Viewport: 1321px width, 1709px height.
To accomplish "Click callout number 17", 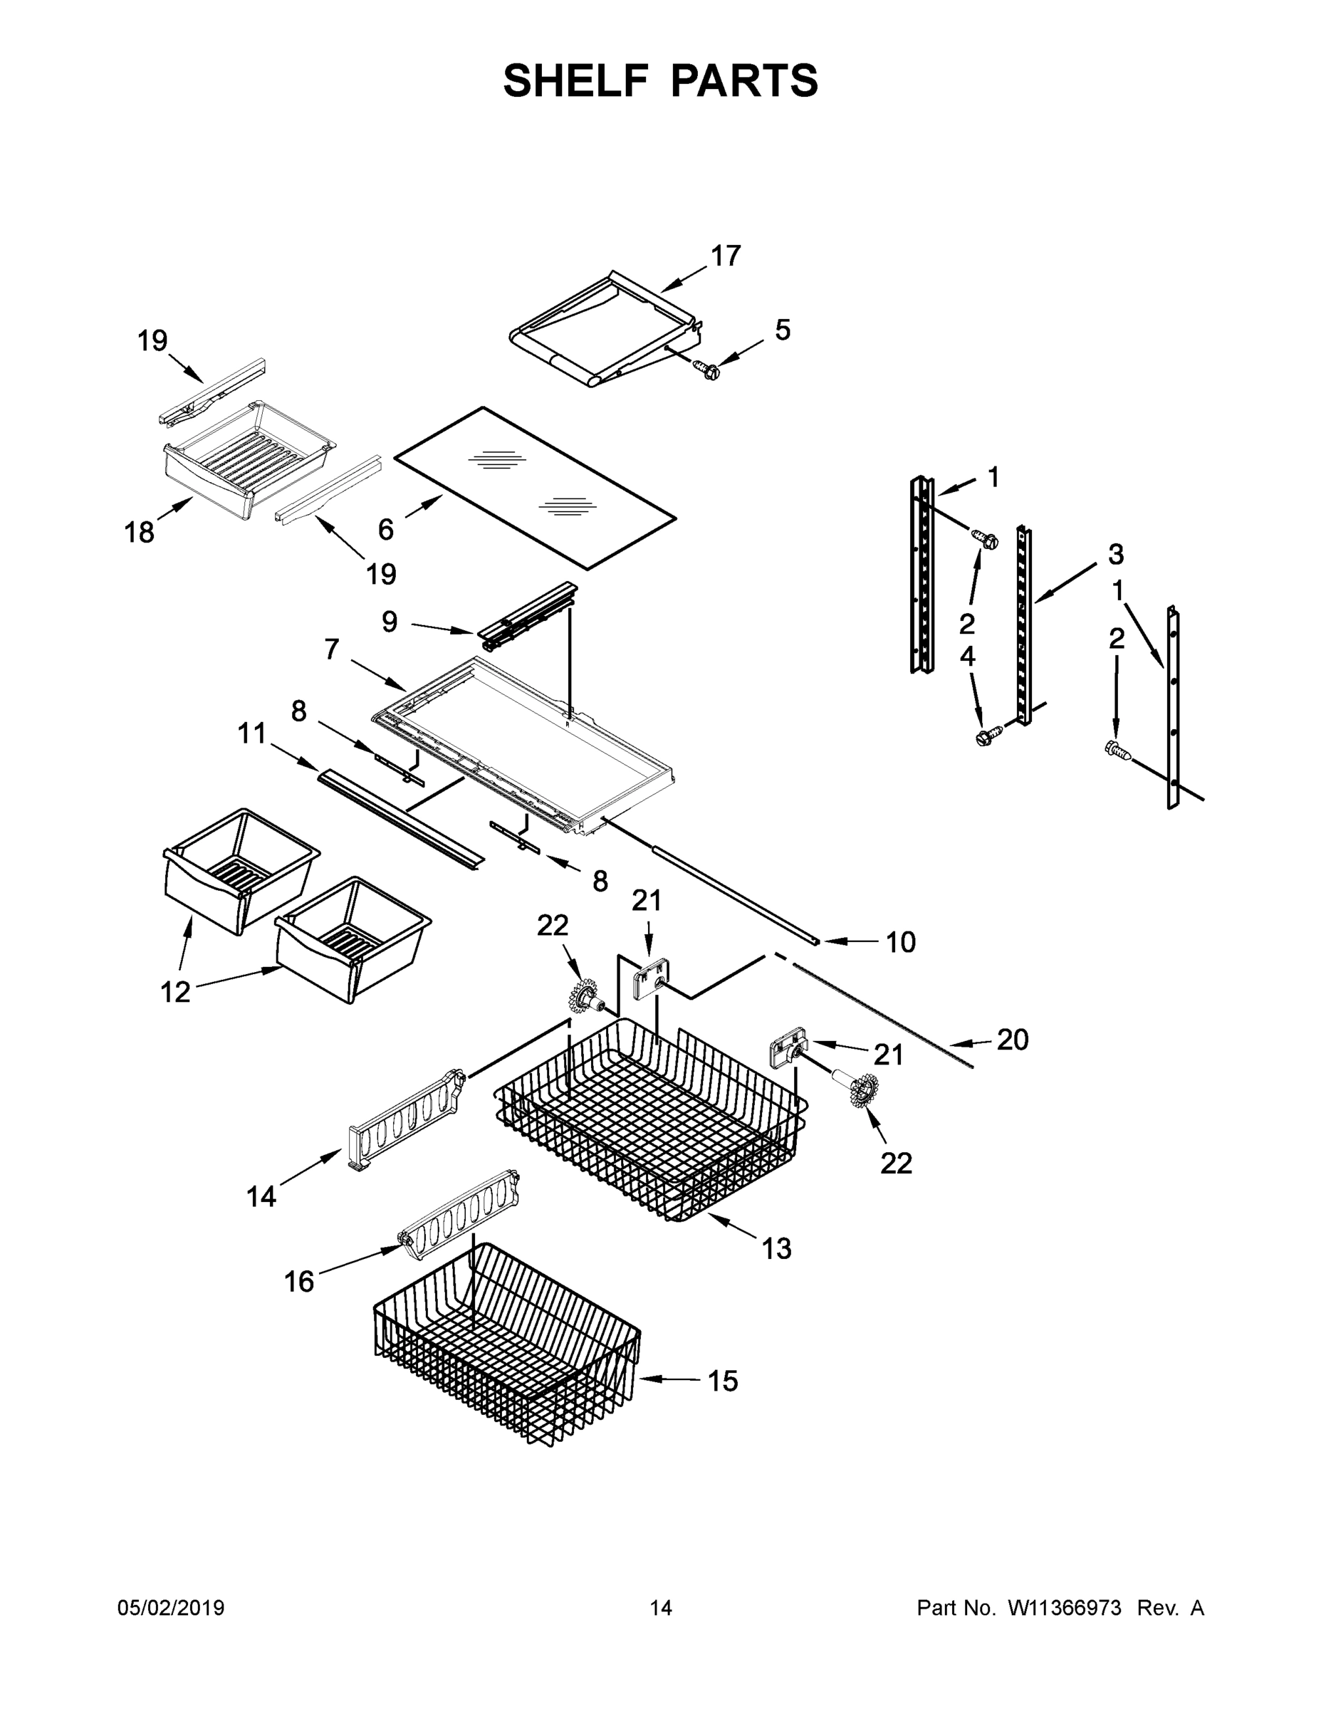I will pos(725,256).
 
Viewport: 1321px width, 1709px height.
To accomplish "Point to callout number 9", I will pos(389,622).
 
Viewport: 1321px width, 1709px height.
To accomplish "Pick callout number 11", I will pos(252,734).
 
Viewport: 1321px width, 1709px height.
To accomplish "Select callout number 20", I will pos(1011,1040).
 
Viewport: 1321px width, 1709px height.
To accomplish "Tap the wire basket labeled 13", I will pos(649,1119).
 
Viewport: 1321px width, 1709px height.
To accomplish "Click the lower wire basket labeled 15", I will pos(508,1354).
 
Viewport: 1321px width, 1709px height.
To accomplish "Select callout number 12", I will pos(175,992).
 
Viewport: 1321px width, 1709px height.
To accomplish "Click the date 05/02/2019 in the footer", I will pos(171,1609).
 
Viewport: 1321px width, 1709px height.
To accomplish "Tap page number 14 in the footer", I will pos(661,1609).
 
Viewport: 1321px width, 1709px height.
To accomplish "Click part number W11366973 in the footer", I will pos(1065,1609).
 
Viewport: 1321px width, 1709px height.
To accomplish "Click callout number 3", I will pos(1115,554).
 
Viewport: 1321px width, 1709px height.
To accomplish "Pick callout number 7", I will pos(332,649).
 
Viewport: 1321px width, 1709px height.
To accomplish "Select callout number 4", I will pos(967,657).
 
